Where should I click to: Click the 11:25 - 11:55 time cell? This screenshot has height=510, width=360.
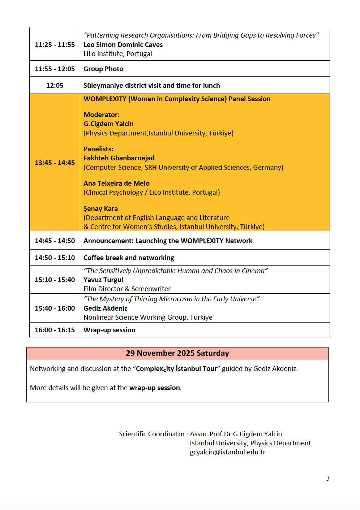(55, 44)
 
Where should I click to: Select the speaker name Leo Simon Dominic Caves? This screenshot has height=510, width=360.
(123, 44)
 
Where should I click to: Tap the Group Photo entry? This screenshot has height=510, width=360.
(103, 69)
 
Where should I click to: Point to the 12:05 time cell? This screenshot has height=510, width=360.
(55, 85)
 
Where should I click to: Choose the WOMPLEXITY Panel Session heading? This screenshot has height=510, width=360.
(177, 99)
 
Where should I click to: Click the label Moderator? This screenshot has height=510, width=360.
(102, 114)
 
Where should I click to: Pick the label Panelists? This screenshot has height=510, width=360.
(98, 149)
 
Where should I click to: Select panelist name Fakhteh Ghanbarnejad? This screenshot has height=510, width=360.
(119, 158)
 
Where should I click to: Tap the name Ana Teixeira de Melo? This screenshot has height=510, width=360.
(116, 183)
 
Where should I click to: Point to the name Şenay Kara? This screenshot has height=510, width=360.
(100, 208)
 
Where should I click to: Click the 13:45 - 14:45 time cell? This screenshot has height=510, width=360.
(55, 163)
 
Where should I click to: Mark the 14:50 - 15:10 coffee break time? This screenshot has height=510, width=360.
(55, 258)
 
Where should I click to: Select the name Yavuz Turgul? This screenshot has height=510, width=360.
(103, 280)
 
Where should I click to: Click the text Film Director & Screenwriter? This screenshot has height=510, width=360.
(127, 289)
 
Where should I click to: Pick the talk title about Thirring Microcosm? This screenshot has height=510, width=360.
(171, 299)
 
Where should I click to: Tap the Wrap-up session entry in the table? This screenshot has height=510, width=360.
(109, 330)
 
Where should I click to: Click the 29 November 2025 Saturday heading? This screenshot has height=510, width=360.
(177, 353)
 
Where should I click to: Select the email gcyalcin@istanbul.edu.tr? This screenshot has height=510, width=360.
(227, 452)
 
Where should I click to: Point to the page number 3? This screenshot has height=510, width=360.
(328, 478)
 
